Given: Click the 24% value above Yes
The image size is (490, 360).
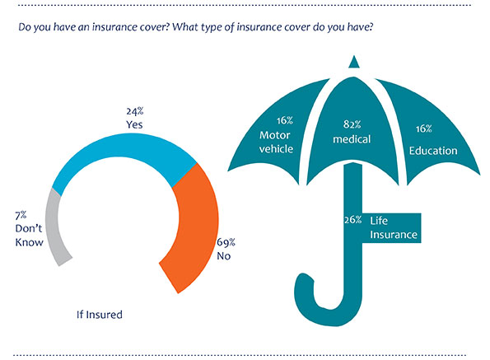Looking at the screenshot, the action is coord(135,111).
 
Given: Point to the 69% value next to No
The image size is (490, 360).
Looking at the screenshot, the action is coord(226,242).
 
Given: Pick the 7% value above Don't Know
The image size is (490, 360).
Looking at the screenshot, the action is coord(21,215).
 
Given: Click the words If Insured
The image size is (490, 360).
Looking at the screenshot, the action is coord(100,315).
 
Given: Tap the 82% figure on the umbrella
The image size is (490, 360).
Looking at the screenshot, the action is coord(352,124).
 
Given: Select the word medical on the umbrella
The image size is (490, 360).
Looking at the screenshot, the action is coord(352,139).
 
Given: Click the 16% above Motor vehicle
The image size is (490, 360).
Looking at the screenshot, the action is coord(284,120).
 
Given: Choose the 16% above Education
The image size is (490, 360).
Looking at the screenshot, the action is coord(424,129).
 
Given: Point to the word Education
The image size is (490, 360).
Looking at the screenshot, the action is coord(433,151).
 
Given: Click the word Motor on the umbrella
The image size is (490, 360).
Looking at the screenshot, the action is coord(275,135).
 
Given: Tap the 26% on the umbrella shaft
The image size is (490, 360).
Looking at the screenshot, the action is coord(352,220).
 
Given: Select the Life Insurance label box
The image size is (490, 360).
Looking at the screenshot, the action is coord(391,228).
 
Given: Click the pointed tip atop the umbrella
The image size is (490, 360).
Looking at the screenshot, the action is coord(354,56).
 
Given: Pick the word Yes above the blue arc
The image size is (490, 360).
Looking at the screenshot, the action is coord(134,124).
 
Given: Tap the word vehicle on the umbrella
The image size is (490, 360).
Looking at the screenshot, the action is coord(276,149).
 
